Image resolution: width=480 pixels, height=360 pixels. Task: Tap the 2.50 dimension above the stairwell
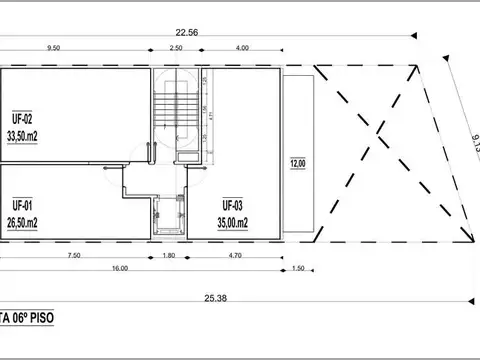pos(176,47)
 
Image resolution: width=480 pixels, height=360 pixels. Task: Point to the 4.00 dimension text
pos(243,47)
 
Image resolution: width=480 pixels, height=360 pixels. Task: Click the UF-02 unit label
pos(23,117)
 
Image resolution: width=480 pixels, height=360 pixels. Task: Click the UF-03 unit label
pos(233,205)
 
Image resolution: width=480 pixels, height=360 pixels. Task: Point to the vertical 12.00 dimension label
pos(297,162)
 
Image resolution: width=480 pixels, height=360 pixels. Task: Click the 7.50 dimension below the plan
pos(74,256)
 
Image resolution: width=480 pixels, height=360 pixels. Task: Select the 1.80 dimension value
pos(169,256)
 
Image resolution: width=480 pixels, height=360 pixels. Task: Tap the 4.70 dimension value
pos(234,256)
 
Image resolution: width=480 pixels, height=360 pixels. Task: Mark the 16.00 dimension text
pos(120,269)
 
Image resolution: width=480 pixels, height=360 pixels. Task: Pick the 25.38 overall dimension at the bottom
pos(215,297)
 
